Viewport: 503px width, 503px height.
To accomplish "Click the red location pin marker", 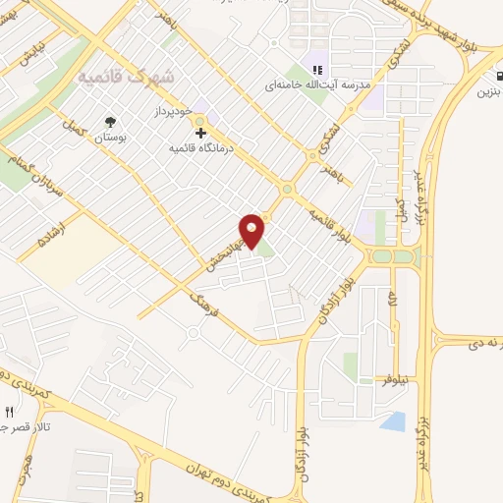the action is coord(252,230).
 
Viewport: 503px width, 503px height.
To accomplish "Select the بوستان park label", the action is coord(110,140).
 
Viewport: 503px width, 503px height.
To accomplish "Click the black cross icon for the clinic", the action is coord(200,132).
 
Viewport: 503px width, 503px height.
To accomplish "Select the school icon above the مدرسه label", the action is coord(316,69).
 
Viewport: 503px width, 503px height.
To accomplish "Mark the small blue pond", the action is coord(393,422).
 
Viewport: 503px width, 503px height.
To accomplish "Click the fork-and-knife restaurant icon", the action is coord(10,413).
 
